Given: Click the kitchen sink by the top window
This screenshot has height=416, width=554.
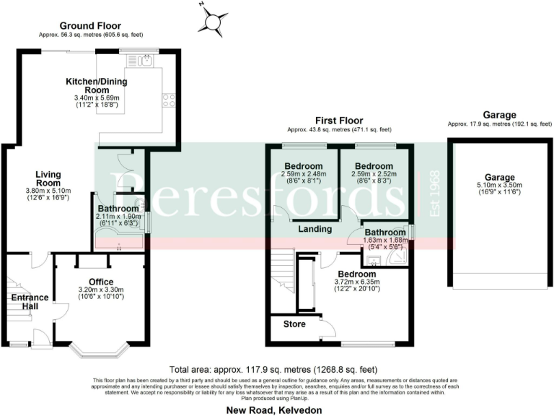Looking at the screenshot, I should tap(146, 61).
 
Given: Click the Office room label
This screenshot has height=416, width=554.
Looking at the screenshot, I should tap(101, 282).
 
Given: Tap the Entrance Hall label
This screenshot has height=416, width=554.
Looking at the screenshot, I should tap(30, 302).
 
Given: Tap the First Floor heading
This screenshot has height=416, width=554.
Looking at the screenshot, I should tap(338, 121).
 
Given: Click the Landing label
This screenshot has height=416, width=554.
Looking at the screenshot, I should tap(315, 230).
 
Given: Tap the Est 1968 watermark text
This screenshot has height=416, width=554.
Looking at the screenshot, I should tap(434, 196).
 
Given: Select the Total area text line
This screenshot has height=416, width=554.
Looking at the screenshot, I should tap(277, 367).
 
